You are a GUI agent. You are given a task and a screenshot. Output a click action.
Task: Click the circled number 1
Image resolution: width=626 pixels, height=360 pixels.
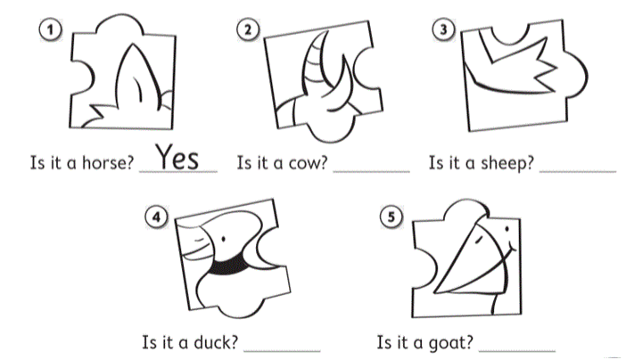(x=50, y=30)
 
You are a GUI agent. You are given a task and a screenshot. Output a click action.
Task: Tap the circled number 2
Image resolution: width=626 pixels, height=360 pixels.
(x=248, y=30)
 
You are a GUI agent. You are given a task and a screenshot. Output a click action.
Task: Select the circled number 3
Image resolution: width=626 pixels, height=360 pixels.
(x=443, y=29)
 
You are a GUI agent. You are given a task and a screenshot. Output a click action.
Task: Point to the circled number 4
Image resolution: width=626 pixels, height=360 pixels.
(x=157, y=217)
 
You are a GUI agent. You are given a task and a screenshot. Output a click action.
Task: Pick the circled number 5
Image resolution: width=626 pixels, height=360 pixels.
(x=391, y=217)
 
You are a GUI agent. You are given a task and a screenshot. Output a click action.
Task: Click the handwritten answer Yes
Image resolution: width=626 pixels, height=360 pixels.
(x=177, y=157)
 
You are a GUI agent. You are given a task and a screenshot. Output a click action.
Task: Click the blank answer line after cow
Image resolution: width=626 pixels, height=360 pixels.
(x=372, y=172)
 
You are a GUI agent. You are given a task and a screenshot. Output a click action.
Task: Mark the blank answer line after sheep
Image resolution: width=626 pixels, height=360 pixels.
(x=578, y=172)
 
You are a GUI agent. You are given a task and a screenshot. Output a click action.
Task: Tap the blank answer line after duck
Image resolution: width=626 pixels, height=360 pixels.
(x=282, y=351)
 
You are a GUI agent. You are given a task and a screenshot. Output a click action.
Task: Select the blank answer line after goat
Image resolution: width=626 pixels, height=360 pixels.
(x=516, y=351)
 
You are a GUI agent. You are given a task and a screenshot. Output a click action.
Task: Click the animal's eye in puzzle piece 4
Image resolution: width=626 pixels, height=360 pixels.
(x=223, y=239)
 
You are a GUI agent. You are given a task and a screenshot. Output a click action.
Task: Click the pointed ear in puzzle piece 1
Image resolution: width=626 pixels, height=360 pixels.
(x=137, y=76)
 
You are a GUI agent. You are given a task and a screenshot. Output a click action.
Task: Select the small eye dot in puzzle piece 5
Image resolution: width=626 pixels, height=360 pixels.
(x=507, y=229)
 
